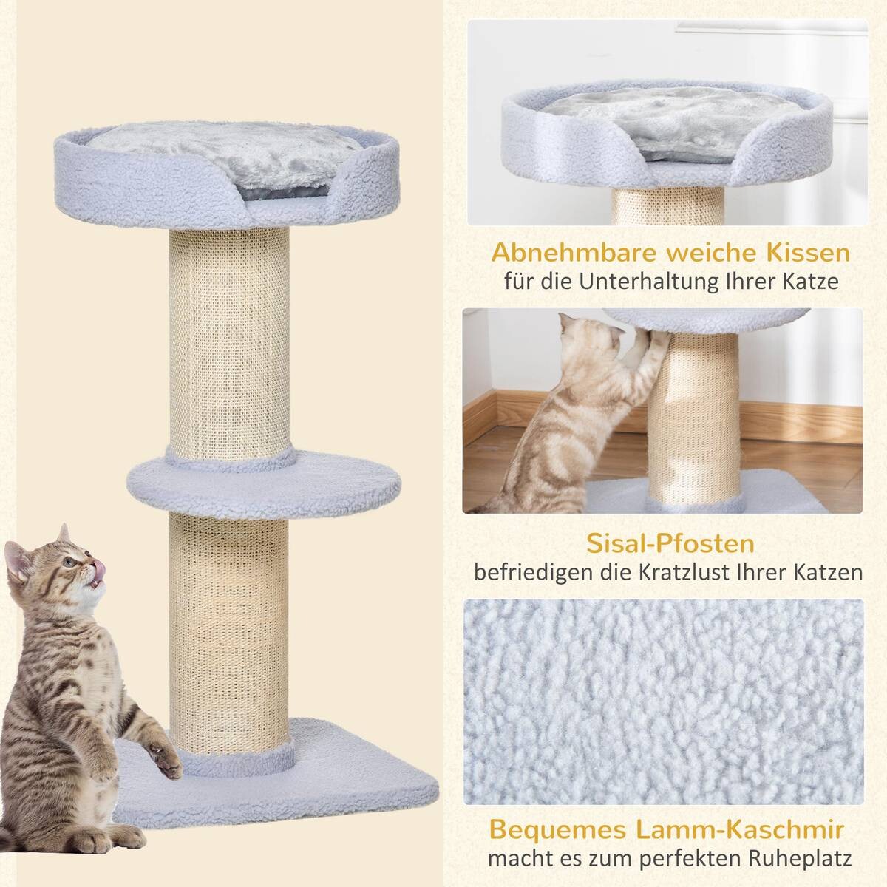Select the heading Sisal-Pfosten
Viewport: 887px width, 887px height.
coord(670,545)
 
